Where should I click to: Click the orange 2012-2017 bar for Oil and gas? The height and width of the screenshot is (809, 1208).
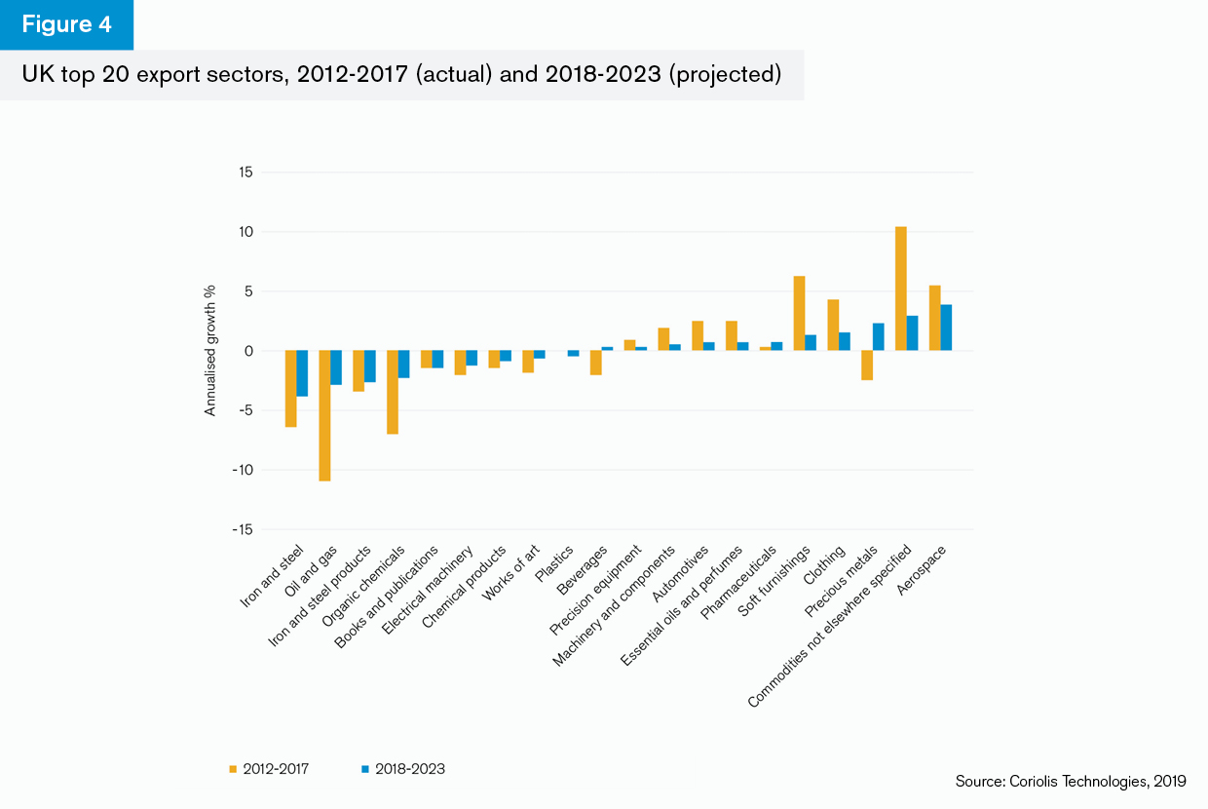pos(324,415)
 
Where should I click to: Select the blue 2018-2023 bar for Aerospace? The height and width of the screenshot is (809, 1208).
pos(946,327)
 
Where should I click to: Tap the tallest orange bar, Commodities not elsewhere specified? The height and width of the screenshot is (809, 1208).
pos(901,289)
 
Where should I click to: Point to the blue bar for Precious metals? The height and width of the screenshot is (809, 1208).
pos(879,337)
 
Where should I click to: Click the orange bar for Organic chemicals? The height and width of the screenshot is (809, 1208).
pos(393,392)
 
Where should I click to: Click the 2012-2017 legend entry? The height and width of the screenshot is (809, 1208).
pos(269,769)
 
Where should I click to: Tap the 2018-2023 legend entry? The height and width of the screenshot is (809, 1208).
pos(403,769)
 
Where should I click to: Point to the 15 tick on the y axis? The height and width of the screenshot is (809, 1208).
pos(245,173)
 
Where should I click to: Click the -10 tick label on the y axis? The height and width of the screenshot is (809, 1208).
pos(242,470)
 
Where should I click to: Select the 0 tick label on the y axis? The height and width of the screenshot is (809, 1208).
pos(247,351)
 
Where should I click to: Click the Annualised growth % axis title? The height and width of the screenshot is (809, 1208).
pos(209,351)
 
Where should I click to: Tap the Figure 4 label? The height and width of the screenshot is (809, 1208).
pos(66,24)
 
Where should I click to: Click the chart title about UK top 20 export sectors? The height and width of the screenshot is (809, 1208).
pos(401,75)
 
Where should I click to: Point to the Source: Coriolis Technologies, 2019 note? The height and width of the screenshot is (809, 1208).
pos(1070,781)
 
